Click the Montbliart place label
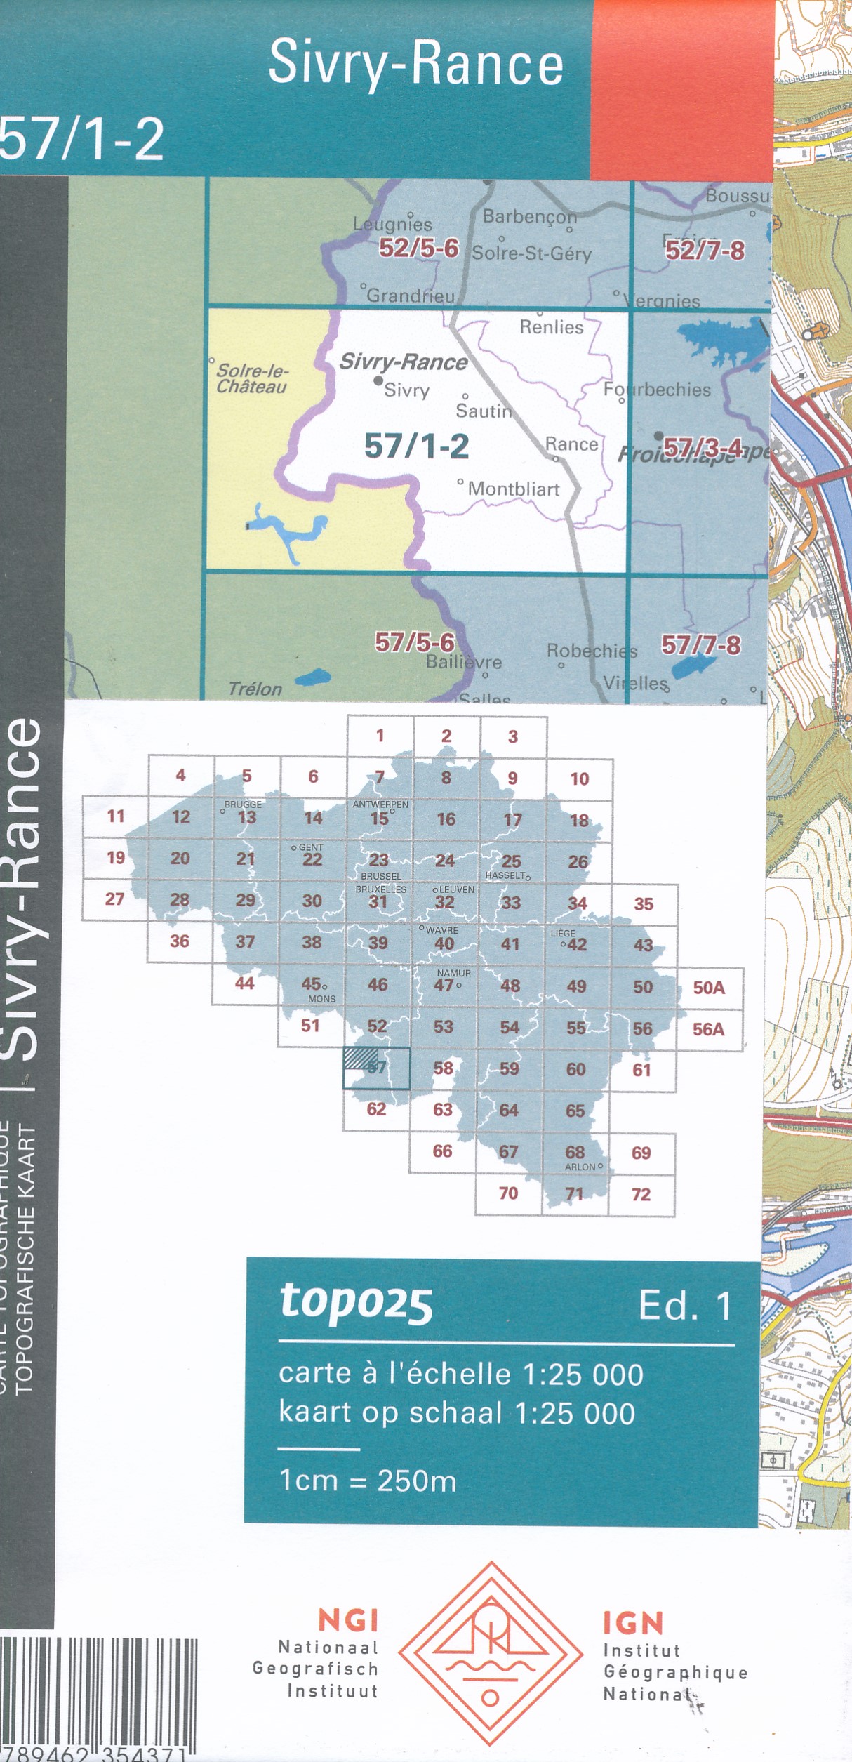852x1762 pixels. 513,489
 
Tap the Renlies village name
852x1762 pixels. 552,327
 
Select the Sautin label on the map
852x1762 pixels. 484,411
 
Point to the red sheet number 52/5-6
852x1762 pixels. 418,248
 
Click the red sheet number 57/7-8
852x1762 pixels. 700,645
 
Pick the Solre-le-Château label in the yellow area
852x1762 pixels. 252,378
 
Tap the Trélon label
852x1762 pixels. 255,689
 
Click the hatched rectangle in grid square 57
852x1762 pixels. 361,1058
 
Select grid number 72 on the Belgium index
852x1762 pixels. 641,1194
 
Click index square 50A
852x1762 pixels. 709,988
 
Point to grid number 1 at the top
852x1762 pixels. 380,736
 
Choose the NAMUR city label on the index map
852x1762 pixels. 454,973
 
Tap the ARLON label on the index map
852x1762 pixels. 580,1167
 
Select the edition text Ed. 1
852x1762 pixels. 685,1306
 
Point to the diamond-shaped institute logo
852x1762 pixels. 491,1664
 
